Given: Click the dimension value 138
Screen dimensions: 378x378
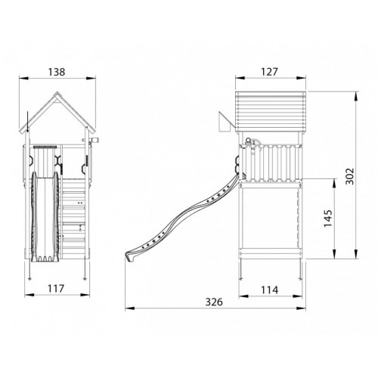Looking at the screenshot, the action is click(x=57, y=72).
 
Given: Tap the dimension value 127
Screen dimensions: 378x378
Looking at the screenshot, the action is click(x=269, y=72).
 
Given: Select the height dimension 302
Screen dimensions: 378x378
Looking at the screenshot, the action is click(x=349, y=176).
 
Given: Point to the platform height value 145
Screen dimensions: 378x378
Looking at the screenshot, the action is click(x=328, y=218).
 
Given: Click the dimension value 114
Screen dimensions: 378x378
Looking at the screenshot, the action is click(x=269, y=290).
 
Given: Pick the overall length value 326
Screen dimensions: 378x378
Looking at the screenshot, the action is click(x=214, y=302).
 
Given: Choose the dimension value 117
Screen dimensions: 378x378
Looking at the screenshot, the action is click(x=56, y=289).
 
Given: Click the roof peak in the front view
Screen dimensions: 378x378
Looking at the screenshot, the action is click(x=57, y=92).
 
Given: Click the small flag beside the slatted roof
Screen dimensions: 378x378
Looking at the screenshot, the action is click(x=224, y=122).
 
